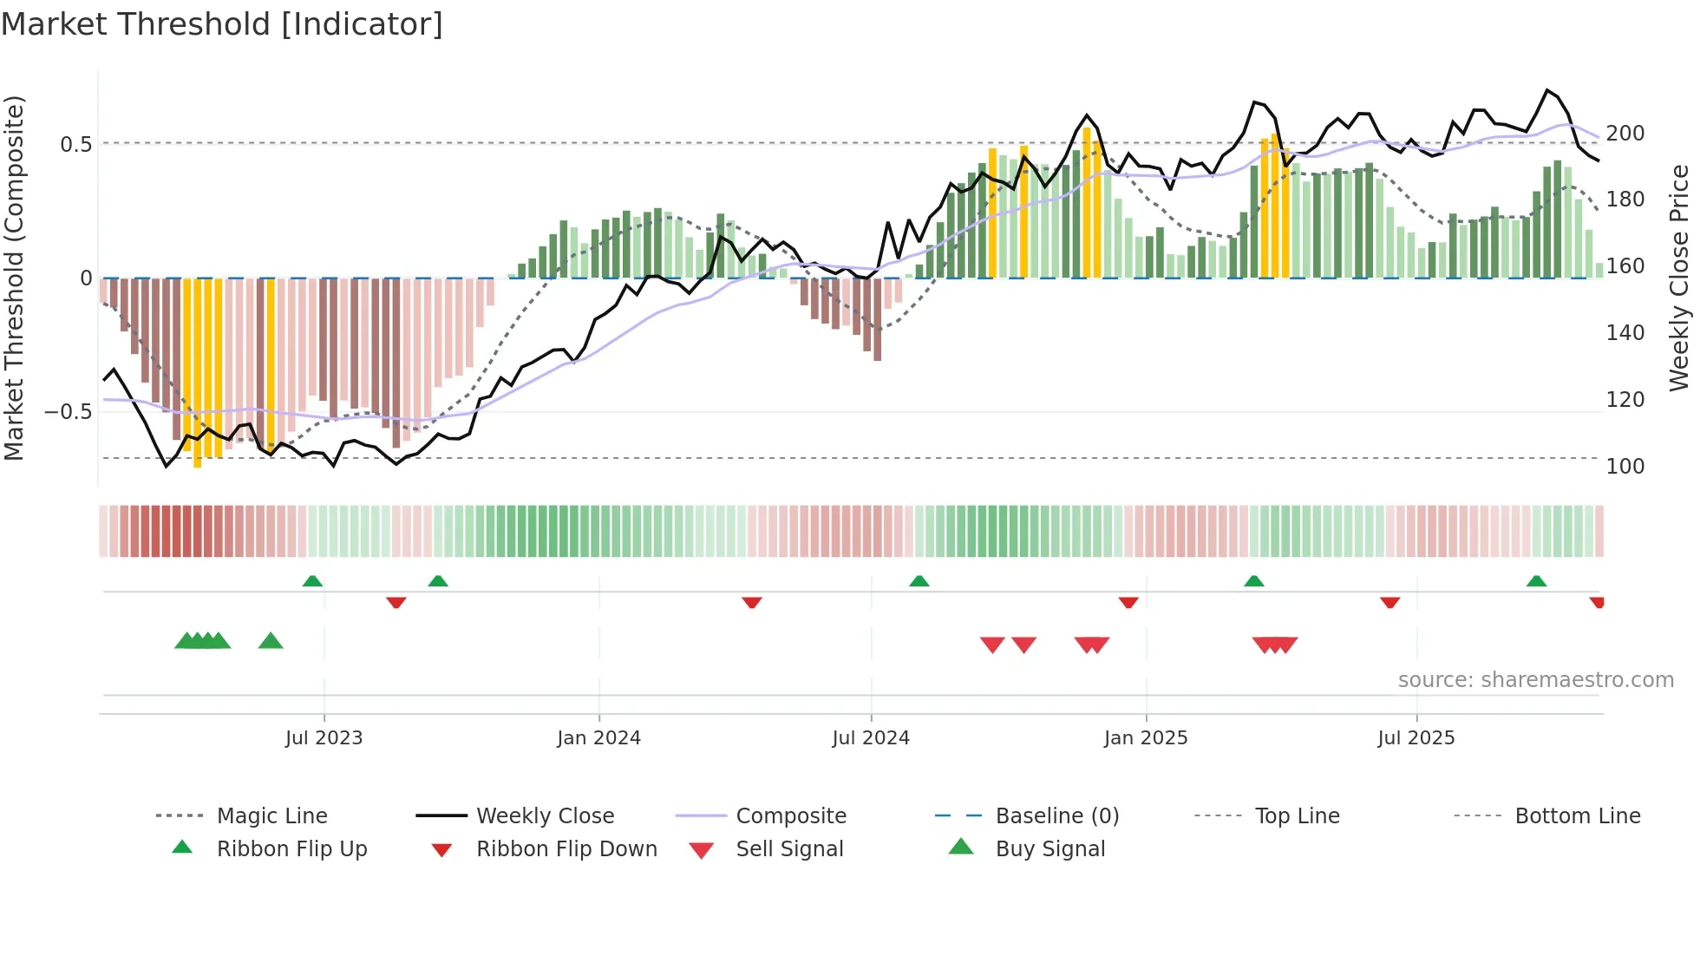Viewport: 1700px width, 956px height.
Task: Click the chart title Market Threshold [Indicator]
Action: [x=222, y=24]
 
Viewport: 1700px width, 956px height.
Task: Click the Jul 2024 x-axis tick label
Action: [x=871, y=738]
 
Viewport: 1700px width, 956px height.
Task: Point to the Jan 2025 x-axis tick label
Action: [x=1146, y=738]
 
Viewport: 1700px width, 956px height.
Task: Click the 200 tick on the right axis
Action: [x=1625, y=134]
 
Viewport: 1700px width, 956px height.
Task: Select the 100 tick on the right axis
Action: [x=1625, y=467]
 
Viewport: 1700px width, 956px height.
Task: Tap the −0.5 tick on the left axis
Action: [x=68, y=411]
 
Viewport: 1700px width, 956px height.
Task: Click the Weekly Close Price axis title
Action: [x=1679, y=278]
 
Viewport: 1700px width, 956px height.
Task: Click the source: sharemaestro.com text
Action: [x=1535, y=680]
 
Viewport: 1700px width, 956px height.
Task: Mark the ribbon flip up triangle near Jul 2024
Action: [x=919, y=581]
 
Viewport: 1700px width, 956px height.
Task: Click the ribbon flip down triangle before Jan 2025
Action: [x=1128, y=602]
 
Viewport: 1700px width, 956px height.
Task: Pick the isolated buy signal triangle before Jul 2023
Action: [x=271, y=641]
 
